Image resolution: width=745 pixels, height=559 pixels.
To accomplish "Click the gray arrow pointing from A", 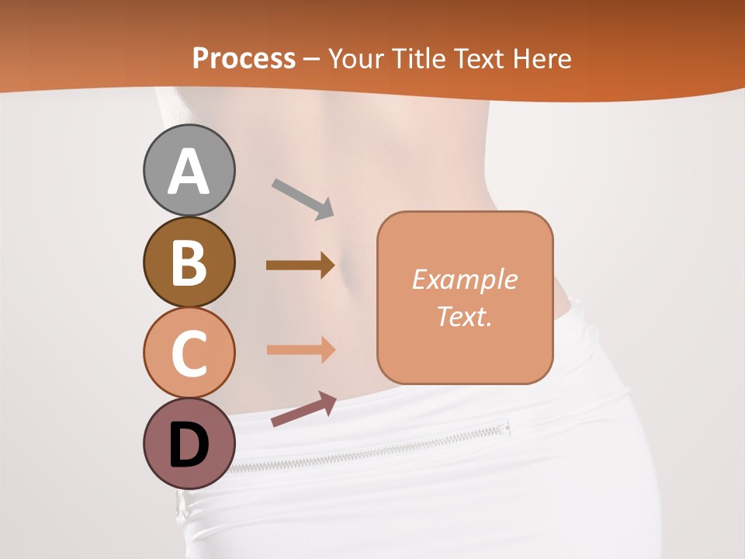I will [x=303, y=199].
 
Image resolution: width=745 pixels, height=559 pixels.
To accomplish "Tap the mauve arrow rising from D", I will [x=303, y=409].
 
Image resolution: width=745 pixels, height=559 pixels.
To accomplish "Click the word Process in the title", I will [x=244, y=59].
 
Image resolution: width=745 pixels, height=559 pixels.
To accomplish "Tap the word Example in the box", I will [x=464, y=279].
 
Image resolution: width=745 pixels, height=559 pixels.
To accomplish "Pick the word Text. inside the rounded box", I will [x=464, y=316].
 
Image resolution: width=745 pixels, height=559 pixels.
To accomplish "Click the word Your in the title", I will [x=354, y=59].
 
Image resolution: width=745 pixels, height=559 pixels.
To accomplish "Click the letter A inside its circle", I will [x=189, y=171].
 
